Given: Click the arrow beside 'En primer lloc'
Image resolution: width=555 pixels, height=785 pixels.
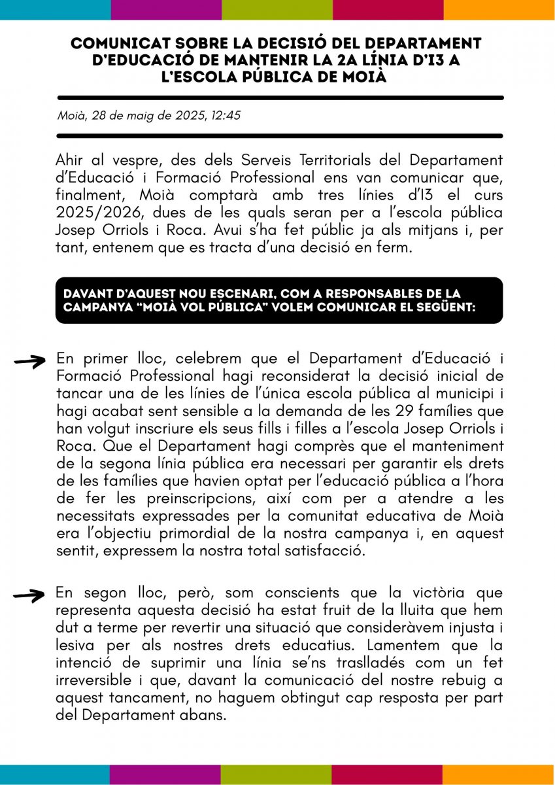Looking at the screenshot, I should tap(30, 360).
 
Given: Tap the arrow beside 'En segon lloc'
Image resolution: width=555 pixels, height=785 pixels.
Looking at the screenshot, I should tap(30, 595).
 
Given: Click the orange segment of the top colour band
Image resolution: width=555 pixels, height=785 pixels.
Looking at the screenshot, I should tap(499, 10).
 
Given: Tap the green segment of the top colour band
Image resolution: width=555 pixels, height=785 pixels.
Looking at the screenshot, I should tap(277, 10).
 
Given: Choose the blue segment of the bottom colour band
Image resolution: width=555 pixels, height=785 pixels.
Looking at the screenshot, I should tap(55, 775).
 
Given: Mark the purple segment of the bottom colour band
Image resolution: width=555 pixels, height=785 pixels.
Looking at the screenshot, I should tap(165, 775).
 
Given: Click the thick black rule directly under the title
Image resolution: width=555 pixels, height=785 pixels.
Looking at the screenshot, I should tap(280, 98).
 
